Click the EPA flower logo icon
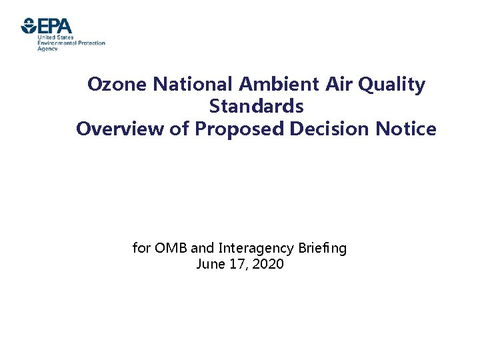[29, 26]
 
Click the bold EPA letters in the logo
[55, 26]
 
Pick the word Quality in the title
[394, 85]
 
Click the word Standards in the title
[257, 106]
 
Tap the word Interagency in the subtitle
[255, 249]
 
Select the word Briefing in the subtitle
[322, 249]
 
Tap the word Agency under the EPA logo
[47, 49]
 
